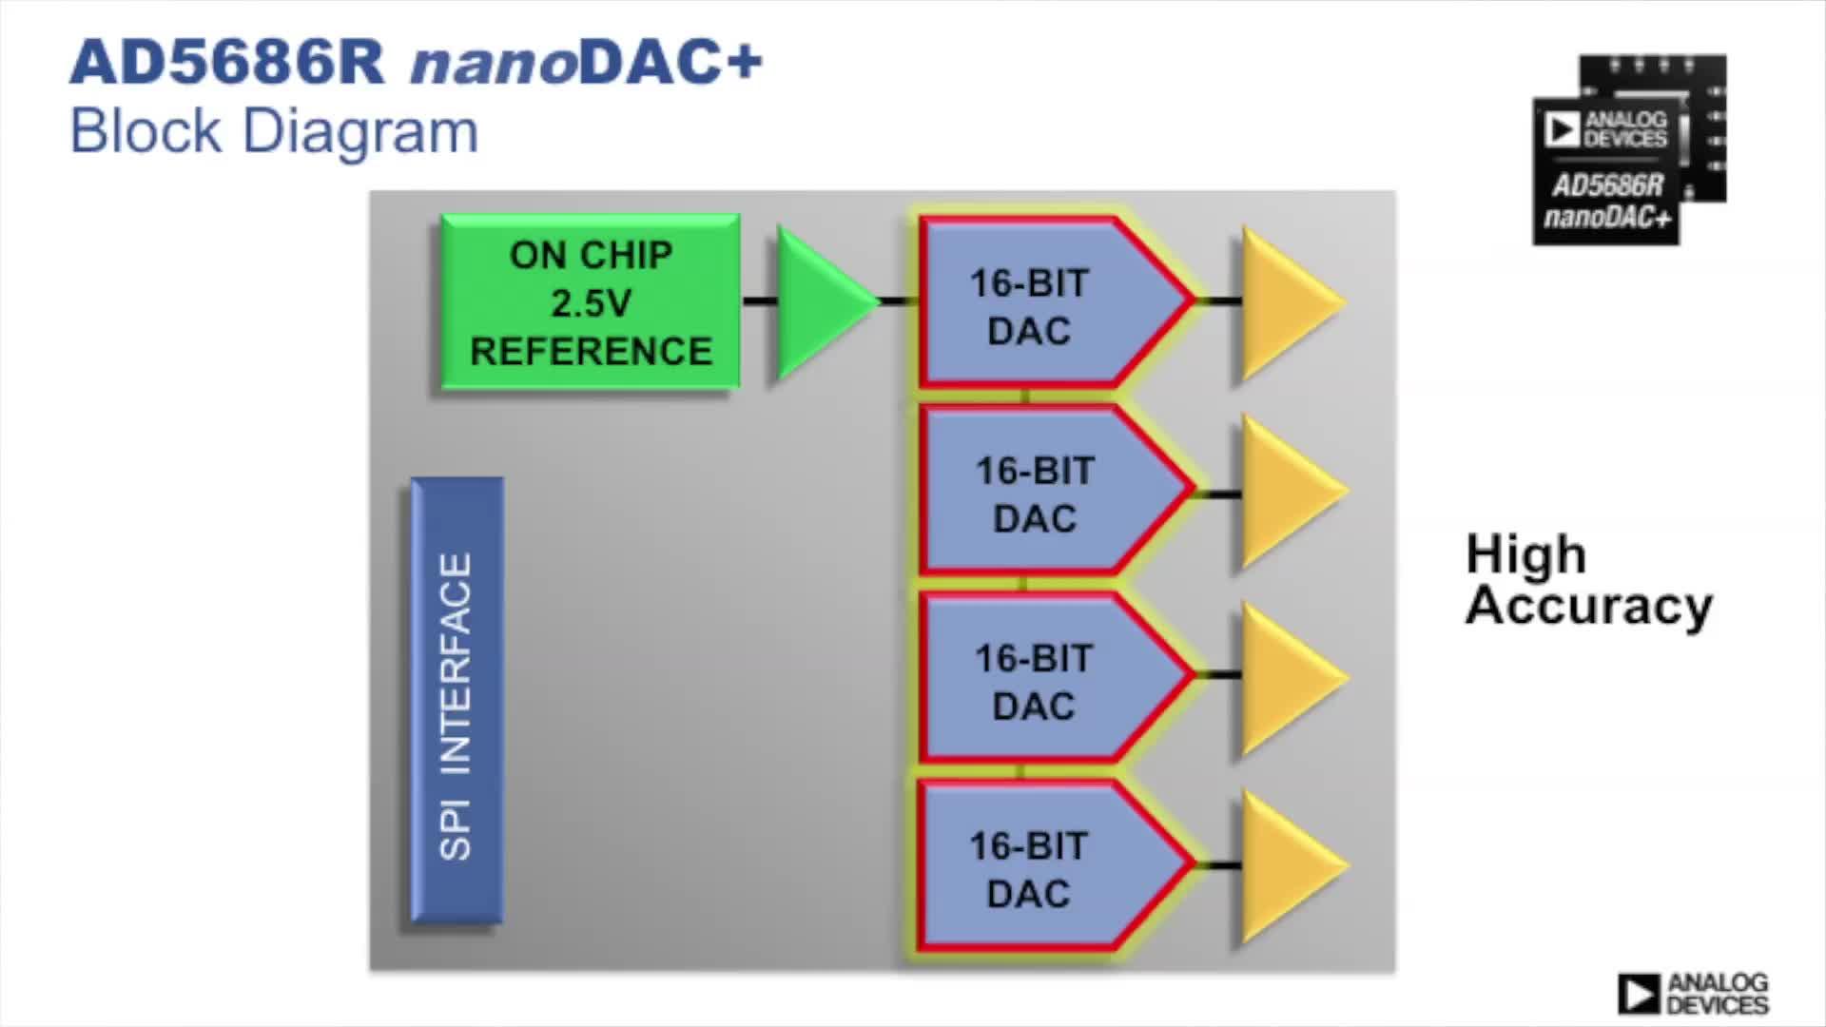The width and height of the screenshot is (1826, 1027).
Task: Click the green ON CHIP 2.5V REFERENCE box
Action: (x=590, y=302)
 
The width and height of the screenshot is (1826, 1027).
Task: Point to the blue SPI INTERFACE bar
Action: (x=456, y=702)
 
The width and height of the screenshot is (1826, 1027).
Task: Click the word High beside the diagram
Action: (x=1525, y=554)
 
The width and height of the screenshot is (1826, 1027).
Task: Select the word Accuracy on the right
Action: (x=1588, y=607)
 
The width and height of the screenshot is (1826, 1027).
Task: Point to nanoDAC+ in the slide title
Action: (x=586, y=63)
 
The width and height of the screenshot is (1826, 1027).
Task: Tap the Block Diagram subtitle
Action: (x=274, y=131)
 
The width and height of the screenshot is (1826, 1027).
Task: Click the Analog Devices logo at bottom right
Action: (x=1693, y=994)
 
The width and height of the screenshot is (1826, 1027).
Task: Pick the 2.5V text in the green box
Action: (x=591, y=303)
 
